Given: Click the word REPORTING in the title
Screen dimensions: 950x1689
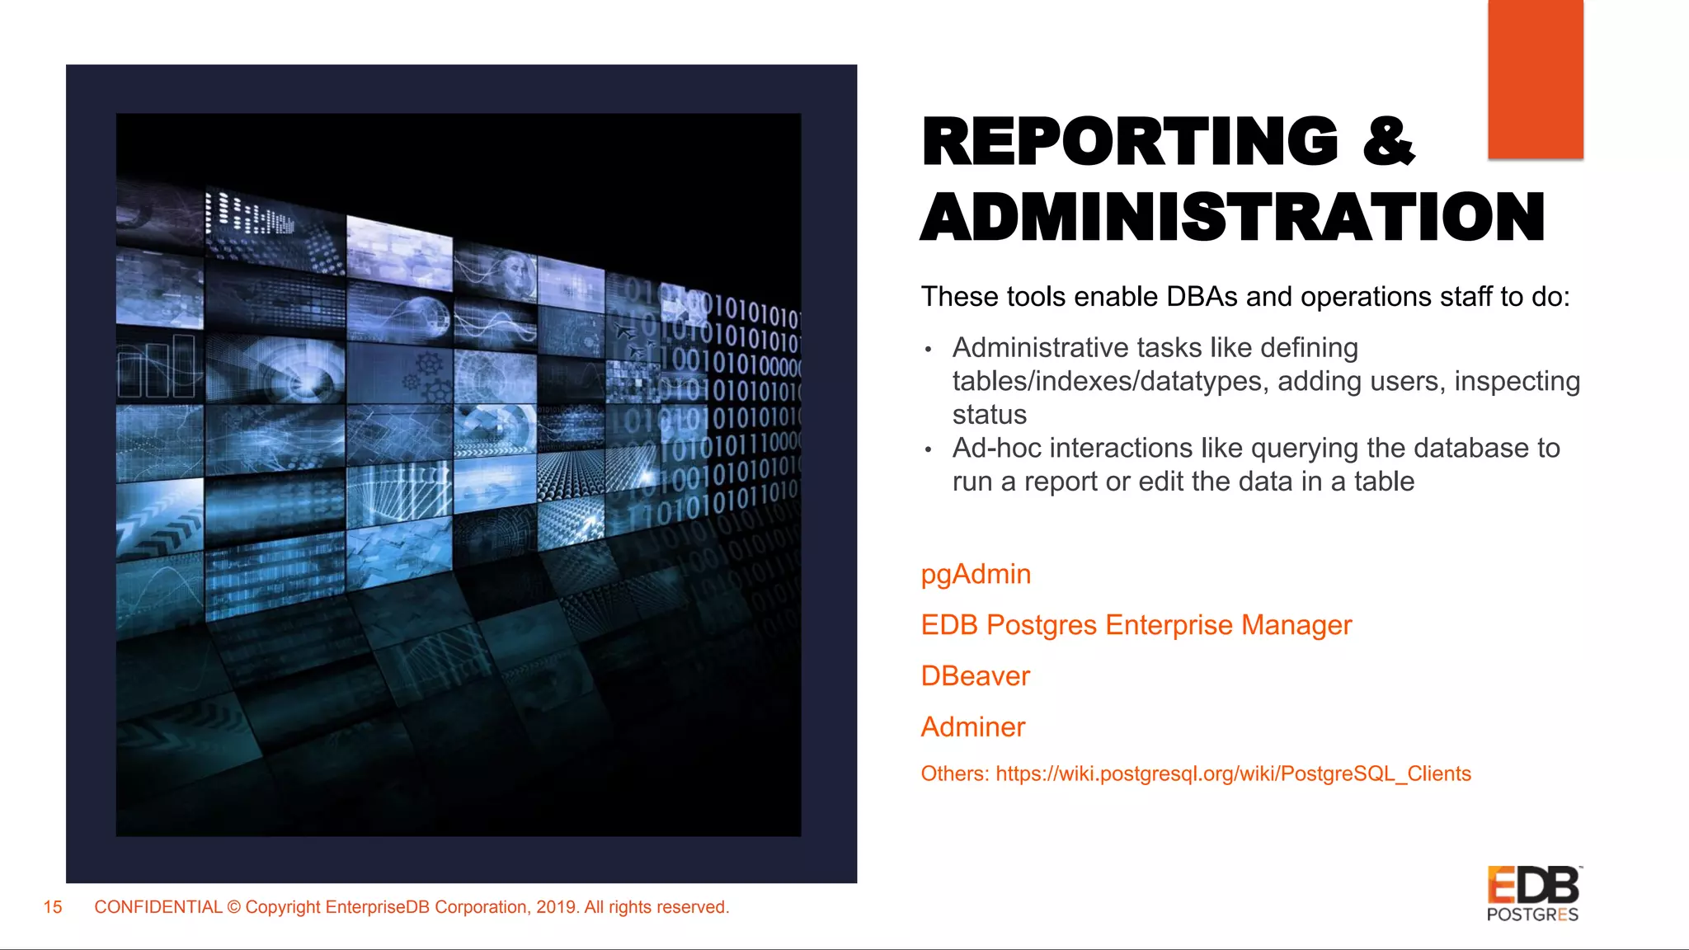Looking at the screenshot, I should pyautogui.click(x=1130, y=142).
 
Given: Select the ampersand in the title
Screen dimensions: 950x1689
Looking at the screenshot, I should pyautogui.click(x=1389, y=142).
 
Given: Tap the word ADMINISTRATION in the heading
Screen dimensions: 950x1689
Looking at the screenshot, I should pyautogui.click(x=1232, y=217).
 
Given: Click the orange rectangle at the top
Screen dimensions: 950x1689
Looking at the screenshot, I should pyautogui.click(x=1535, y=79).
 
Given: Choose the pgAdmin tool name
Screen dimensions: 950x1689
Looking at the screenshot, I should pyautogui.click(x=976, y=574).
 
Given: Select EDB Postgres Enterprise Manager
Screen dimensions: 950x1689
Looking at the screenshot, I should pyautogui.click(x=1136, y=625).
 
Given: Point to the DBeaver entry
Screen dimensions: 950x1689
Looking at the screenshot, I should pyautogui.click(x=975, y=676).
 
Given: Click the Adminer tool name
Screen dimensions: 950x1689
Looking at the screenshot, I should pyautogui.click(x=972, y=727).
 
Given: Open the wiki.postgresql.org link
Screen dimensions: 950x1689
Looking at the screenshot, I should pyautogui.click(x=1233, y=774).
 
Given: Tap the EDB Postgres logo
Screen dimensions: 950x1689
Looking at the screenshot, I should pyautogui.click(x=1533, y=894).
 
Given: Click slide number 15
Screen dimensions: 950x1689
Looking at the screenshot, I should pyautogui.click(x=53, y=907).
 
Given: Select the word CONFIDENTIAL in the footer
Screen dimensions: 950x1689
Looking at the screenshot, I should pyautogui.click(x=158, y=907).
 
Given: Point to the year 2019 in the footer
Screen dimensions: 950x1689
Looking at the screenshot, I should pyautogui.click(x=557, y=907).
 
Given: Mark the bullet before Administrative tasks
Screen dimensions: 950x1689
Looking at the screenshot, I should pyautogui.click(x=929, y=350).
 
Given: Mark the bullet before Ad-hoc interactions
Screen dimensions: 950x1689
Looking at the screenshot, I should pyautogui.click(x=929, y=450).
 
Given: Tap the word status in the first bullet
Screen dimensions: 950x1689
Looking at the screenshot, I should pyautogui.click(x=989, y=415).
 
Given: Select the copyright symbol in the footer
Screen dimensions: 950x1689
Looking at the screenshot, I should pyautogui.click(x=234, y=907).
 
